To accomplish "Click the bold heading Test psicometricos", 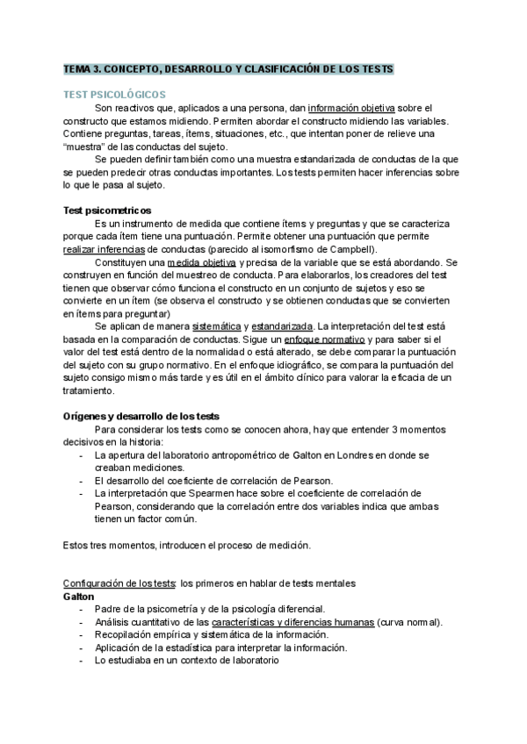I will (x=107, y=211).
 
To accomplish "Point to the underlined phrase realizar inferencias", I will (x=101, y=249).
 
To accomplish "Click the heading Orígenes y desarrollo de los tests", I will (x=141, y=415).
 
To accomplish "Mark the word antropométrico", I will (x=241, y=456).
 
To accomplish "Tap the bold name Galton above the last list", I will (x=78, y=596).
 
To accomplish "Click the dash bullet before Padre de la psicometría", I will (x=82, y=609).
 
